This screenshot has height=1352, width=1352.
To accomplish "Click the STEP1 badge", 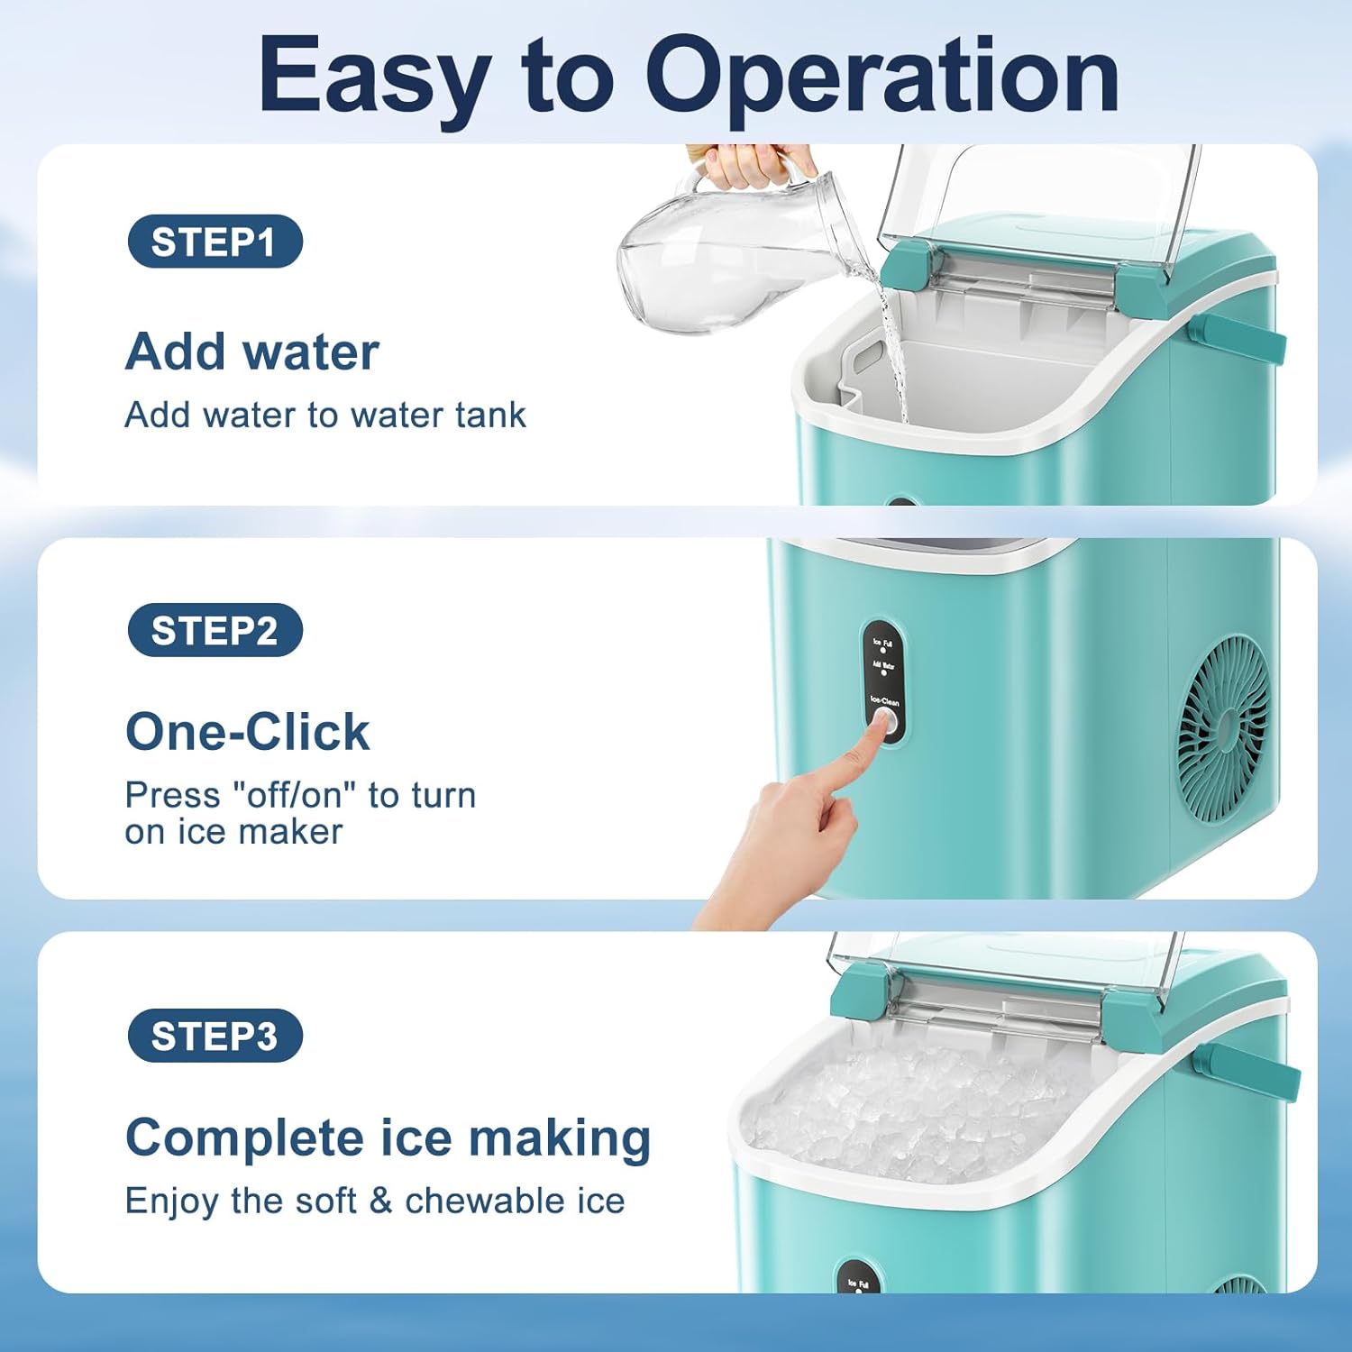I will coord(215,242).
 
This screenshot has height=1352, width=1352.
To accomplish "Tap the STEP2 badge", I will coord(215,630).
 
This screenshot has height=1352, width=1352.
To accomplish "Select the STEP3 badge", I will coord(215,1036).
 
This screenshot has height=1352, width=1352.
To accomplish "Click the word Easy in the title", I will coord(374,77).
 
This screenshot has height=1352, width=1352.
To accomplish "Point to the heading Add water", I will coord(251,352).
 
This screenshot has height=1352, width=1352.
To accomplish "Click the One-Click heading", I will coord(247,731).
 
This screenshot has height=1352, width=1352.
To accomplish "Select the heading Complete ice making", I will coord(388,1137).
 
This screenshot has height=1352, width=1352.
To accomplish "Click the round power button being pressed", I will coord(884,722).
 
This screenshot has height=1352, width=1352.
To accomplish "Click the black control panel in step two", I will coord(882,681).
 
